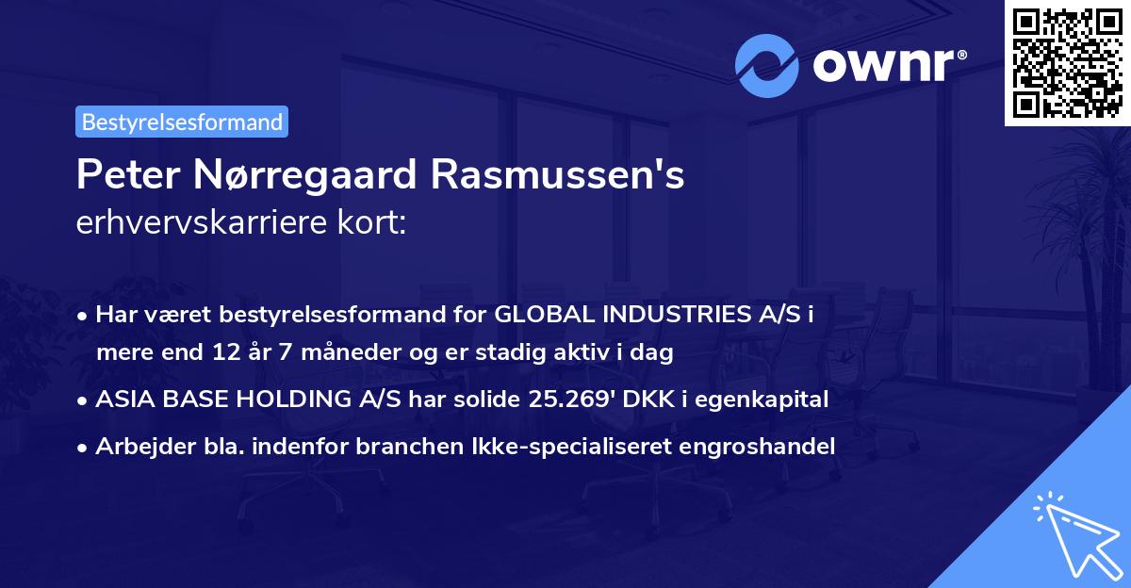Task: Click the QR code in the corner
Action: [x=1067, y=62]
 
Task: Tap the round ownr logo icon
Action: [x=768, y=66]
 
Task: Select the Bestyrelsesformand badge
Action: [x=182, y=122]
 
